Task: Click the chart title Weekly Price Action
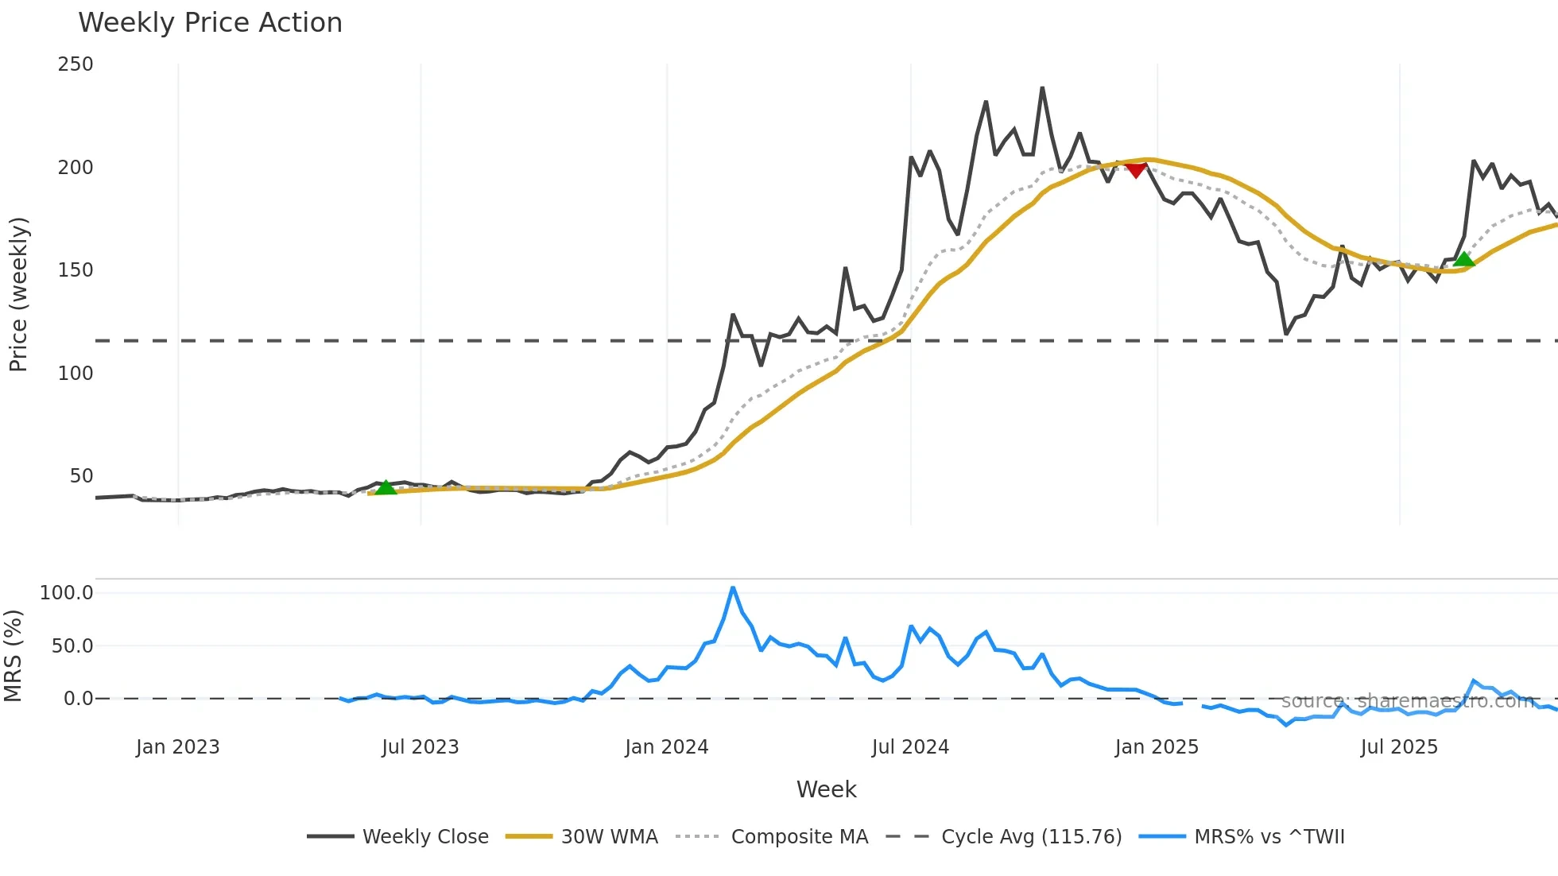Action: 210,23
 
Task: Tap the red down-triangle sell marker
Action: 1136,169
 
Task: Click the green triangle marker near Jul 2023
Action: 386,487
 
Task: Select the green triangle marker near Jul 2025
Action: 1464,259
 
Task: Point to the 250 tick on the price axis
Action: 76,64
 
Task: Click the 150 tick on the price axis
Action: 76,270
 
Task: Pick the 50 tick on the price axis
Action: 81,476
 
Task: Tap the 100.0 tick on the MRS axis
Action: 67,593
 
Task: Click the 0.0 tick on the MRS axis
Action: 78,699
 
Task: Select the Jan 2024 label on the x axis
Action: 666,747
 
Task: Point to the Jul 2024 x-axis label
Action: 910,747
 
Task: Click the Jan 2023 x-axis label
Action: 177,747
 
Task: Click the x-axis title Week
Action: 826,789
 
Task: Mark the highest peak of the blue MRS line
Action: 733,588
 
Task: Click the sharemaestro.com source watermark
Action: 1407,701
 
